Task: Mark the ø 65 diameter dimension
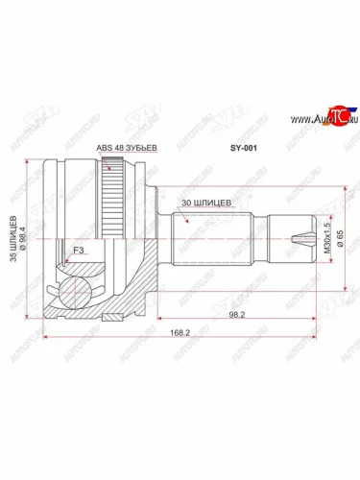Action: point(343,235)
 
